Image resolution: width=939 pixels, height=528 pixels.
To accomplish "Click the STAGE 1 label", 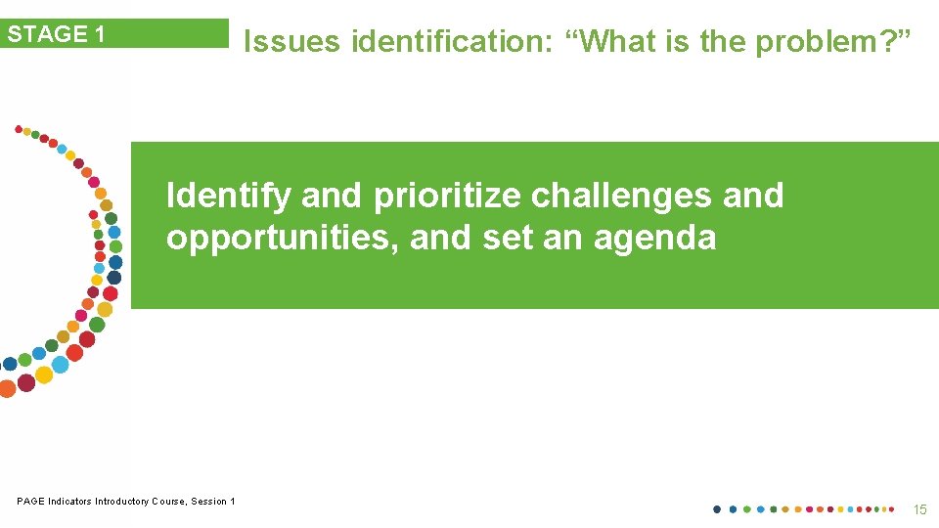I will pyautogui.click(x=57, y=34).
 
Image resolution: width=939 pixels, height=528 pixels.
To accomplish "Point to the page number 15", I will pyautogui.click(x=919, y=509).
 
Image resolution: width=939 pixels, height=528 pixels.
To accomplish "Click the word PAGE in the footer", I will pyautogui.click(x=30, y=502).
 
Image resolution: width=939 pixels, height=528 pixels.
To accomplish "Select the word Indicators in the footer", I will pyautogui.click(x=68, y=502).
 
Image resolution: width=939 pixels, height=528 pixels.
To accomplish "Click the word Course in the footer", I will pyautogui.click(x=168, y=502).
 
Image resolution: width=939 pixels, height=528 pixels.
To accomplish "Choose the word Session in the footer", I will pyautogui.click(x=209, y=502).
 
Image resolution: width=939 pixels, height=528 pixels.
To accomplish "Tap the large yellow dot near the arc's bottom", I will pyautogui.click(x=44, y=374).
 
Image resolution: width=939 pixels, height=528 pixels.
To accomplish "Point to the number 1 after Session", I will pyautogui.click(x=233, y=502).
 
